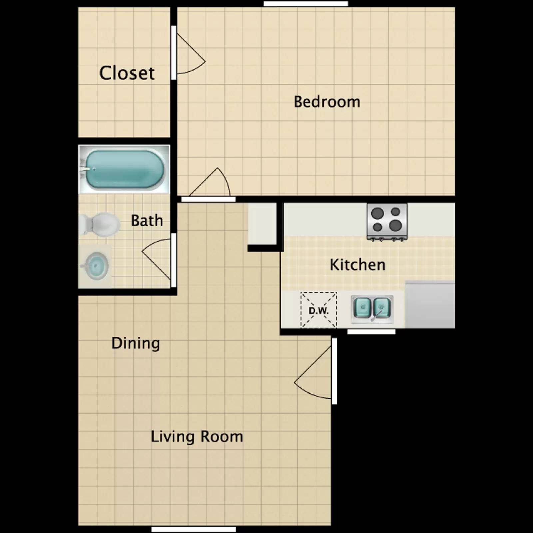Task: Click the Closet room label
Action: click(127, 73)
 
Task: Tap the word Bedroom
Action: click(327, 102)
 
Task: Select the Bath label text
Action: click(147, 221)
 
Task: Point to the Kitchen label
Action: click(357, 265)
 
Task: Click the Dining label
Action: click(136, 343)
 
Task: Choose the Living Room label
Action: click(197, 437)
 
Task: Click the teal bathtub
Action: click(124, 169)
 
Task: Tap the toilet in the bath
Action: click(100, 225)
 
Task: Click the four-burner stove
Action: click(387, 221)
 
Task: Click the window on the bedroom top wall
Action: click(305, 4)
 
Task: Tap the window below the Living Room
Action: click(194, 529)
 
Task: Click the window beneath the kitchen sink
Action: click(371, 332)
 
